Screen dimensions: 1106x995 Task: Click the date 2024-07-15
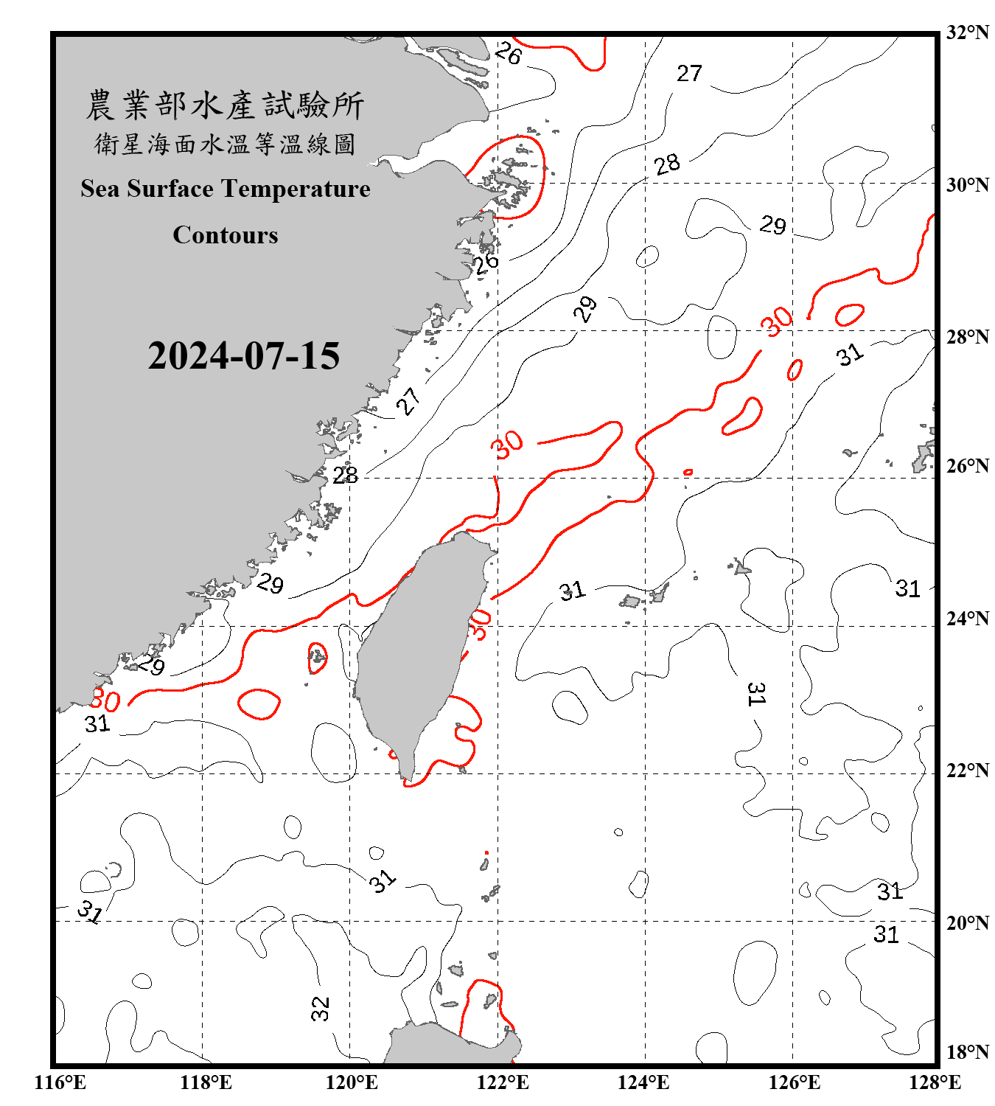coord(243,356)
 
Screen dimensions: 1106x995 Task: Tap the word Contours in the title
coord(226,235)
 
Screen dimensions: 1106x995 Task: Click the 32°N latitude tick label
coord(967,32)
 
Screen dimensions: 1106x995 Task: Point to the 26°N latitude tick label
coord(967,466)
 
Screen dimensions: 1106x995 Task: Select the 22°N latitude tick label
coord(967,771)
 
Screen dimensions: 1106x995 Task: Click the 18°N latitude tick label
coord(967,1052)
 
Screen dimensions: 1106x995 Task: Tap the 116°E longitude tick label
coord(60,1082)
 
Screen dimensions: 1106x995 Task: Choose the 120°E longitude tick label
coord(352,1082)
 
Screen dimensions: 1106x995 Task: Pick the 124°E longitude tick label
coord(643,1082)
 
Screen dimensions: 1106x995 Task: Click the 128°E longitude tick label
coord(935,1082)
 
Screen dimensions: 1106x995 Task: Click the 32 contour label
coord(320,1008)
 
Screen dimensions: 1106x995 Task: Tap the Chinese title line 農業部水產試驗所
coord(225,105)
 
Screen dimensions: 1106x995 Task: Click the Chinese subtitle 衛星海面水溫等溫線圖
coord(225,145)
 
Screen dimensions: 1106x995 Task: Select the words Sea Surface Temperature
coord(226,189)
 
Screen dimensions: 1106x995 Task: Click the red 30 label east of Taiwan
coord(479,625)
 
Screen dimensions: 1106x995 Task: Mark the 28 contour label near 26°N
coord(345,476)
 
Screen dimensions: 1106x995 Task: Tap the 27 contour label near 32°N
coord(689,74)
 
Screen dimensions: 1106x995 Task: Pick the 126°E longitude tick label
coord(794,1082)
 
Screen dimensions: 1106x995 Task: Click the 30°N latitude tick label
coord(967,185)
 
